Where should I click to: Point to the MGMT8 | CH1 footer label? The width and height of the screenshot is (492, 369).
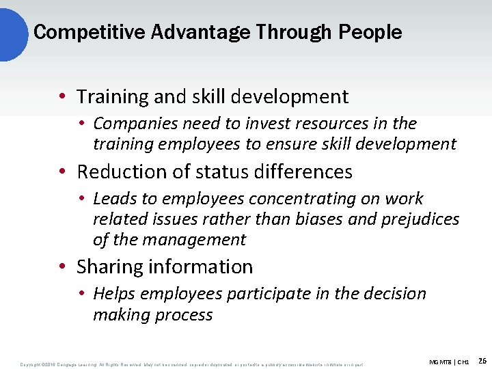(x=449, y=361)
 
